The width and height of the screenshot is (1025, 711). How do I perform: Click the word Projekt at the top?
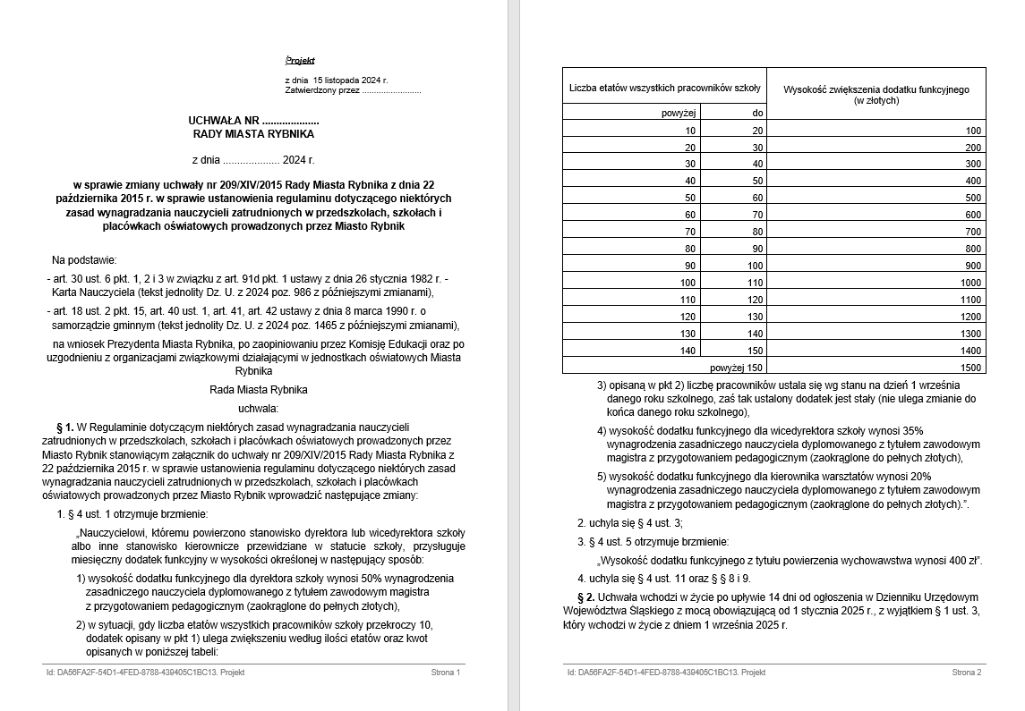click(x=301, y=61)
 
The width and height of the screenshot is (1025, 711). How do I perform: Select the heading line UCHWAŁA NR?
click(x=253, y=121)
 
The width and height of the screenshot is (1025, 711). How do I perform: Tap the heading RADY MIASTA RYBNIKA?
click(x=253, y=134)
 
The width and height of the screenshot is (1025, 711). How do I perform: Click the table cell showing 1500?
click(x=971, y=368)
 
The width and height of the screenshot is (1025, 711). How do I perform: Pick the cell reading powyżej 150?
click(x=736, y=368)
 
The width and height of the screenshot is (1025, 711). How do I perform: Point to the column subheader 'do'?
click(x=757, y=113)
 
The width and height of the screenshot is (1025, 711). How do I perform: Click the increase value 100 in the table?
click(x=973, y=131)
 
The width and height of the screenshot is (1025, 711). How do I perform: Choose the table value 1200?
click(x=971, y=317)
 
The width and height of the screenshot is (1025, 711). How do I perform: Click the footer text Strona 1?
click(x=445, y=672)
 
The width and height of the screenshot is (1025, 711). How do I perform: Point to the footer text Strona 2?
click(x=967, y=672)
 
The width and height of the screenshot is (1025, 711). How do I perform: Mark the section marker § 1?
click(x=64, y=427)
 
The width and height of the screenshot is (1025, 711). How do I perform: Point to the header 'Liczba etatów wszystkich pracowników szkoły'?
click(x=664, y=88)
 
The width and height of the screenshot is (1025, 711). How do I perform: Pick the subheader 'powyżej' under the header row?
click(x=679, y=113)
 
